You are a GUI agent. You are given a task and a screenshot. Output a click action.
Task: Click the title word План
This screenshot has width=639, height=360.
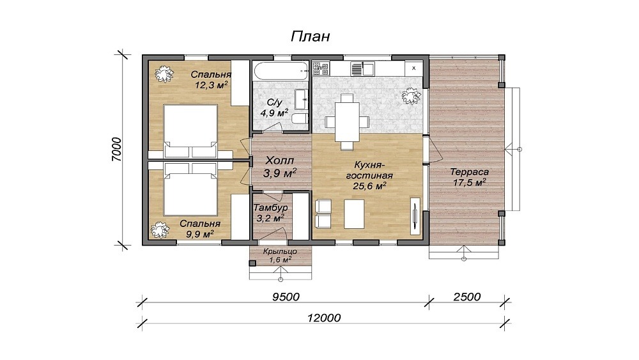click(x=310, y=36)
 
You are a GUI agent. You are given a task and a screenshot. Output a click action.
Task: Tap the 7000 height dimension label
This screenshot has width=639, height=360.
click(x=116, y=150)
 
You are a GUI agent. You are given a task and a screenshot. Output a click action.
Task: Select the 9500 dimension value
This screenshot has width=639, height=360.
click(x=286, y=297)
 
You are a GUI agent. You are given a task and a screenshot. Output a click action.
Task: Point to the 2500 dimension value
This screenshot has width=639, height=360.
click(x=467, y=297)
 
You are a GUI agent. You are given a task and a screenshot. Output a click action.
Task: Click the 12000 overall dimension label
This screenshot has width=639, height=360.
click(x=324, y=318)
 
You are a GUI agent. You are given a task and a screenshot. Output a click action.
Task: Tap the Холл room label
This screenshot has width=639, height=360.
click(x=280, y=160)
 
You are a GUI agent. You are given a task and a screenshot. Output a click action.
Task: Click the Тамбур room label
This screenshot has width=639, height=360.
click(x=270, y=208)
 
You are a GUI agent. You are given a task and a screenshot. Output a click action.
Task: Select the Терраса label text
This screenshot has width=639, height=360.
click(x=469, y=172)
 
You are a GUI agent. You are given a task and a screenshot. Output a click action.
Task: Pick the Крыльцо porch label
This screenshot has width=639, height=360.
click(x=280, y=251)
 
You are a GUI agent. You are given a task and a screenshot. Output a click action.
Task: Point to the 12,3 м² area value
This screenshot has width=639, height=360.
click(x=211, y=85)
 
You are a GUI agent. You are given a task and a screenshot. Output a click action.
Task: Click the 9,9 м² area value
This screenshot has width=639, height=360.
click(x=200, y=234)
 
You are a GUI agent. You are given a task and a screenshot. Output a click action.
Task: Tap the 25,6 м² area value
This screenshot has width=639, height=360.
click(x=369, y=186)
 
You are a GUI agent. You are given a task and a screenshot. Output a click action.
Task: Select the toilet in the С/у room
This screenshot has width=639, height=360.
click(x=300, y=119)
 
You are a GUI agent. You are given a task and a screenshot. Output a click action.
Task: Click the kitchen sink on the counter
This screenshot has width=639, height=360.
click(x=363, y=68)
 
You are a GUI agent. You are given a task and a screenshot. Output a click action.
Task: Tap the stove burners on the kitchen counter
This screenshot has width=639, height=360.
click(x=321, y=68)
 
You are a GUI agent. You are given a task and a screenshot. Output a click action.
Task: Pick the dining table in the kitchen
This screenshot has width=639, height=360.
click(x=347, y=121)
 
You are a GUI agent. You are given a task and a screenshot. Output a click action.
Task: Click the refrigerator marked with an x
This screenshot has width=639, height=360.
click(x=413, y=68)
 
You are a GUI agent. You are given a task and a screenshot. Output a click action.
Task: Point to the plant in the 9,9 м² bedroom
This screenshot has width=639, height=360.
click(x=160, y=230)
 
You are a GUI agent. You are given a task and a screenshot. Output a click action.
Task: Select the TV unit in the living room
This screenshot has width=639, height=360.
click(x=415, y=216)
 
